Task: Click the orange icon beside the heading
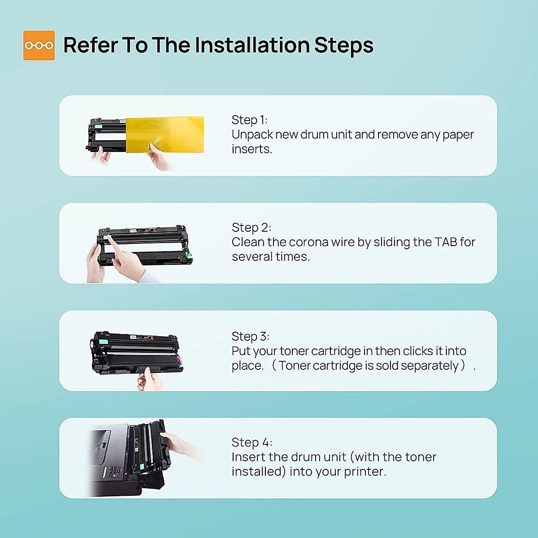pos(39,45)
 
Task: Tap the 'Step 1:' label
pos(249,120)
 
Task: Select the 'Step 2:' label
pos(251,228)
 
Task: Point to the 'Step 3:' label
pos(251,336)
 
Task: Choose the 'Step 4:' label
pos(252,442)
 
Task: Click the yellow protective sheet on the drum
pos(165,134)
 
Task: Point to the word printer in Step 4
pos(365,472)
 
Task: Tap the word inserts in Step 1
pos(252,149)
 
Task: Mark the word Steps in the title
pos(344,46)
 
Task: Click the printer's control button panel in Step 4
pos(113,470)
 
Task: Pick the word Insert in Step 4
pos(248,457)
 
